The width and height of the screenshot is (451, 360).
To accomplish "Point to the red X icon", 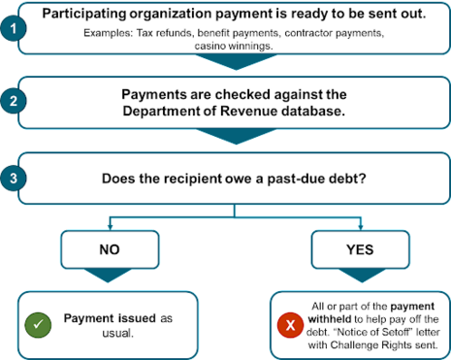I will (x=288, y=323).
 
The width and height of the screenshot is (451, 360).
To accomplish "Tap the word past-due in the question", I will (x=274, y=180).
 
